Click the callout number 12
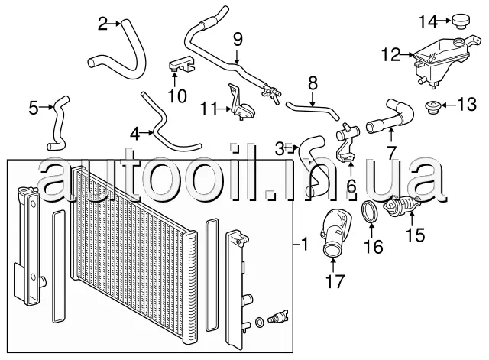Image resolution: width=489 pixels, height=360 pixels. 390,54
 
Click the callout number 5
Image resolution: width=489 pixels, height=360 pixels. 34,108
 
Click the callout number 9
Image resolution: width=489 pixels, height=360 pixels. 237,37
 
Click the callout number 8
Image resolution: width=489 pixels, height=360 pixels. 313,83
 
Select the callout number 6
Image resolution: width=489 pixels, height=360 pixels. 351,185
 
